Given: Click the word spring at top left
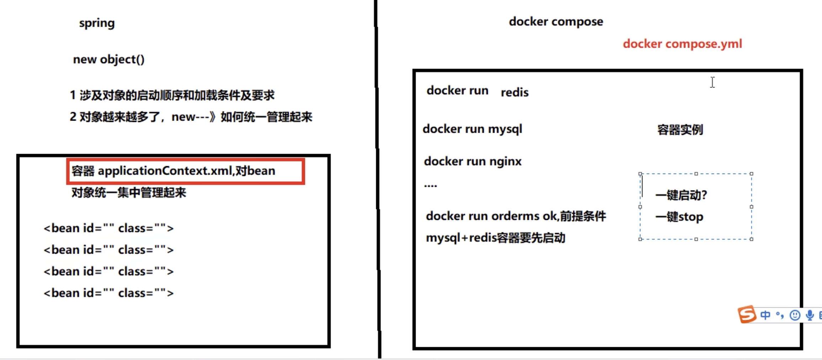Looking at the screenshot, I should (97, 23).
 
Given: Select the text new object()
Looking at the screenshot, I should (109, 59).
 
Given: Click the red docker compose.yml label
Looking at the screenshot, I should (682, 44).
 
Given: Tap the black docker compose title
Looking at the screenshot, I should (556, 22).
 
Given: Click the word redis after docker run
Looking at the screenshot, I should (514, 92).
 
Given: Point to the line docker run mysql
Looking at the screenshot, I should (472, 129).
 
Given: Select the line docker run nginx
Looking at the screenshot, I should (473, 162).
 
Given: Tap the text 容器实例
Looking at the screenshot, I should (680, 130).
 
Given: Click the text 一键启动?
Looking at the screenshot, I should (681, 195).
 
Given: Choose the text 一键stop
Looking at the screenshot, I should (679, 217).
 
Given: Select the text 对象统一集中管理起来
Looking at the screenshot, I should (129, 193).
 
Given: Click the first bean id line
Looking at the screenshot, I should (108, 228).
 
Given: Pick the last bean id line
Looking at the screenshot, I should (108, 293).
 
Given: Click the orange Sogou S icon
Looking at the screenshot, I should (747, 314).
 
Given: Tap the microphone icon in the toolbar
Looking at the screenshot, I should (810, 315).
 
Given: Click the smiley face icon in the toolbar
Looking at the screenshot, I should (795, 315).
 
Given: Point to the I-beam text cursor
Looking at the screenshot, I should (712, 82).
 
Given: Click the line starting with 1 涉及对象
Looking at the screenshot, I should (172, 95).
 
